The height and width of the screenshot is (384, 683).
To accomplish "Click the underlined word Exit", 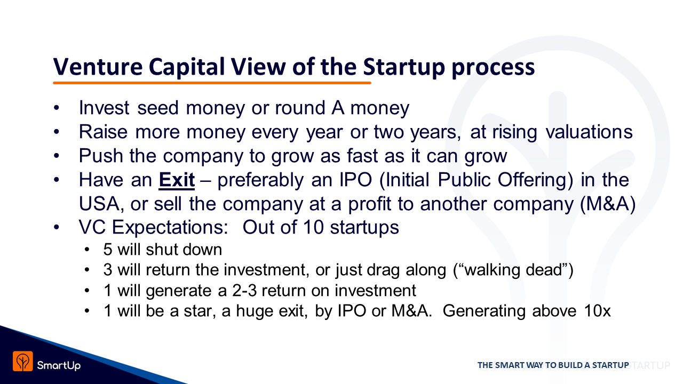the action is pos(177,180).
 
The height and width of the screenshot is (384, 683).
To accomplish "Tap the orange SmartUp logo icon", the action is pos(22,361).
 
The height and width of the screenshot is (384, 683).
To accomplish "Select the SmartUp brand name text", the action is pos(59,365).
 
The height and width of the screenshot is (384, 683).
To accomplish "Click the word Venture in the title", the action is pos(98,67).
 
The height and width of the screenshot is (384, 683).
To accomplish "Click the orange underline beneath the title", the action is pos(212,83).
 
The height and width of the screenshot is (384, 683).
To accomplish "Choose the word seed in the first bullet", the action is pos(157,108).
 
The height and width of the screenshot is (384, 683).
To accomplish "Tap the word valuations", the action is pos(589,132).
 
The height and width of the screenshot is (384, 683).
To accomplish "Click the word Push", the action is pos(101,156).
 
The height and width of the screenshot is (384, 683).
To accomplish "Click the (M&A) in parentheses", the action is pos(608,204).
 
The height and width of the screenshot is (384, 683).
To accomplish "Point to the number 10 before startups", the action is pos(313,227).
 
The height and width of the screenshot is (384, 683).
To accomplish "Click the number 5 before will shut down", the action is pos(108,250).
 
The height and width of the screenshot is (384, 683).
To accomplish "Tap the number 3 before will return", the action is pos(108,270).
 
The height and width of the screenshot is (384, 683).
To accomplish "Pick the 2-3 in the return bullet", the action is pos(244,291).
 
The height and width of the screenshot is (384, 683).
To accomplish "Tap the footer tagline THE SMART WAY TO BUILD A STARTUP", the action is pos(553,365).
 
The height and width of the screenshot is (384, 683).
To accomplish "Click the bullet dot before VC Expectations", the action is pos(57,227).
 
